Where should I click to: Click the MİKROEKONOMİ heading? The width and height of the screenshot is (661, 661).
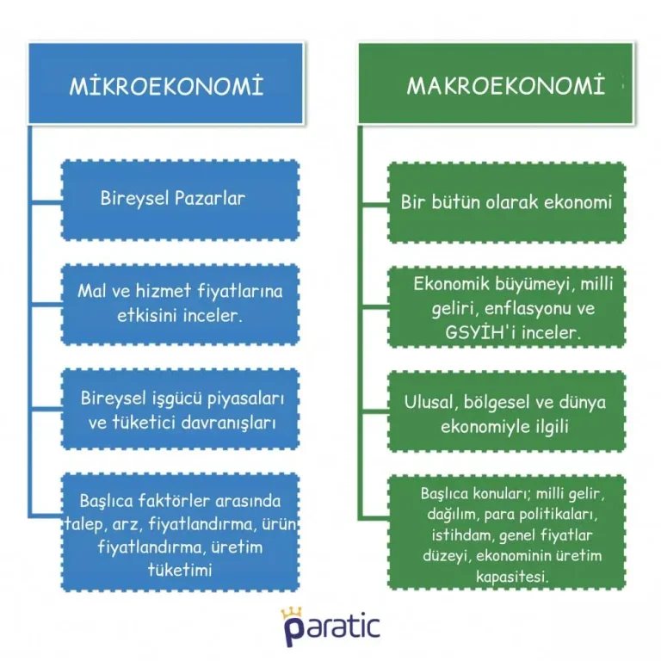click(x=165, y=87)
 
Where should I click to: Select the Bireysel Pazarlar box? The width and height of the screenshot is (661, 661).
click(x=180, y=199)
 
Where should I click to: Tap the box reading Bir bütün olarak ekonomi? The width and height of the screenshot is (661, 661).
click(x=506, y=203)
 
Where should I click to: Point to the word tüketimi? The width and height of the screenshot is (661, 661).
click(x=180, y=570)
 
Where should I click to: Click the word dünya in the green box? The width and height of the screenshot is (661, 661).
click(x=582, y=402)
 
